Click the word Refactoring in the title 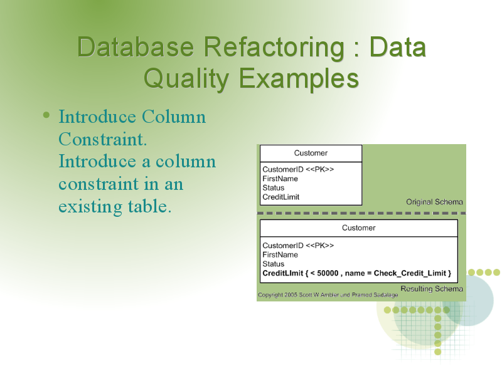[274, 48]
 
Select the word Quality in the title [186, 80]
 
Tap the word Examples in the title [299, 79]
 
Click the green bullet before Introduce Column [46, 115]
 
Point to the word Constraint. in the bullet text [103, 139]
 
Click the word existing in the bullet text [90, 207]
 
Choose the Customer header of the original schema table [311, 153]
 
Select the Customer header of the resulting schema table [358, 228]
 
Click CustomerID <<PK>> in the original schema [298, 169]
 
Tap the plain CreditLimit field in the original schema [280, 197]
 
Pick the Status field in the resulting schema [274, 264]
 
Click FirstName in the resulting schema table [280, 255]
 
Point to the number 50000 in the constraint [328, 273]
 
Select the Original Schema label [434, 202]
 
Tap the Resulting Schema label [432, 289]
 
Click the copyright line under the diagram [328, 295]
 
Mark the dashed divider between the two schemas [361, 213]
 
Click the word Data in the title [398, 48]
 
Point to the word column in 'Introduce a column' [185, 162]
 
